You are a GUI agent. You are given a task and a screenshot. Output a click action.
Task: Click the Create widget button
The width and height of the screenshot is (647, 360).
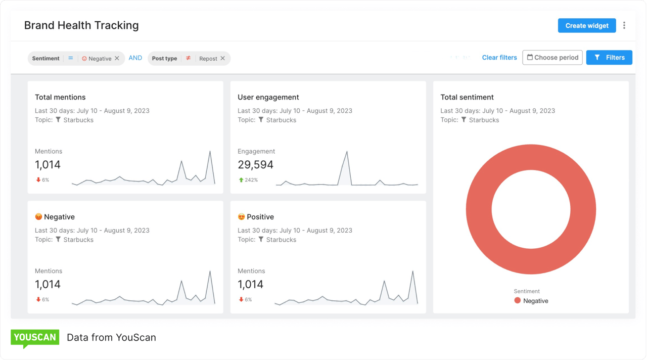coord(586,26)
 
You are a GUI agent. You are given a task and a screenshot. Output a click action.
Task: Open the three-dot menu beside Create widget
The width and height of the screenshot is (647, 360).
coord(624,26)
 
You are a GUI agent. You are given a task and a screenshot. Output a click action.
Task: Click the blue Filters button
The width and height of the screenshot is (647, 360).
coord(609,58)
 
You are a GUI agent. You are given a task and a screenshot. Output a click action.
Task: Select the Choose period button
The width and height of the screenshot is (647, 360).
coord(552,58)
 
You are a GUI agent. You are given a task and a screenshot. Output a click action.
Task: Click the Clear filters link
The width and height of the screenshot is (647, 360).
coord(499,58)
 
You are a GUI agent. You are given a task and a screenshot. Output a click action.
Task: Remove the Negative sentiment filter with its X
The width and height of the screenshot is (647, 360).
coord(117,59)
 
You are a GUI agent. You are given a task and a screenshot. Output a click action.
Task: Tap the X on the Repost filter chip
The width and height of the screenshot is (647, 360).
coord(222,59)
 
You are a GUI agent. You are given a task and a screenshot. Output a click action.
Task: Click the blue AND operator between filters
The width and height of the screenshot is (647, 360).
coord(135,58)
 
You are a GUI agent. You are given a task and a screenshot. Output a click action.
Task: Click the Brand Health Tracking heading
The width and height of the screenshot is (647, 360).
coord(81,25)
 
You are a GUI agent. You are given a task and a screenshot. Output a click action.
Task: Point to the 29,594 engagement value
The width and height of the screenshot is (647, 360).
coord(255,165)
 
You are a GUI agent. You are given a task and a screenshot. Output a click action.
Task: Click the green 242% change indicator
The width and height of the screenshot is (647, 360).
coord(248,180)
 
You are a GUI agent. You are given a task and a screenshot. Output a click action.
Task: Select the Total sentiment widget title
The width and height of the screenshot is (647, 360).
coord(467,97)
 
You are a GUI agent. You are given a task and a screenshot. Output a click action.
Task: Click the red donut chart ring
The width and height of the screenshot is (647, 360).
coord(478,209)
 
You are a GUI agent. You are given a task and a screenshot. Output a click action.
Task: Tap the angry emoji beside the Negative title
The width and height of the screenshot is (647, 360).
coord(38,217)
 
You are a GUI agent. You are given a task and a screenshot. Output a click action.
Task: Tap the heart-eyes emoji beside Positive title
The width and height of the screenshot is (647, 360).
coord(241,217)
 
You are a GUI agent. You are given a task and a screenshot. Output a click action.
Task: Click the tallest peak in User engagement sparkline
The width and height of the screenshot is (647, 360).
coord(347,152)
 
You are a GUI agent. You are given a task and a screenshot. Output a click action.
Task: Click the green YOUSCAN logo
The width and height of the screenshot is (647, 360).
coord(35,338)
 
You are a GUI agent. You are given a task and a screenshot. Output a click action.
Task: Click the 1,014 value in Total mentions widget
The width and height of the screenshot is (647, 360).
coord(48,165)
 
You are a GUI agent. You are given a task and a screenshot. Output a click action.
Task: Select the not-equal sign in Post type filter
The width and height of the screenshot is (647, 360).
coord(188,58)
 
